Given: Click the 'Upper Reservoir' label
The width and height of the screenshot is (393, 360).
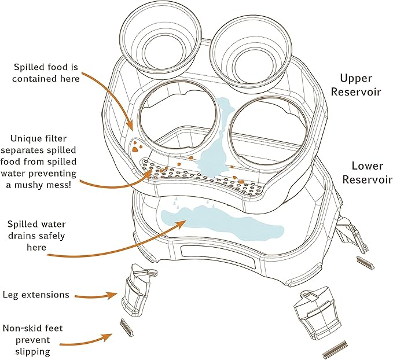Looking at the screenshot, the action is click(x=355, y=85).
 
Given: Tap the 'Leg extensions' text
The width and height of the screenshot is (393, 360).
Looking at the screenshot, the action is click(x=36, y=295).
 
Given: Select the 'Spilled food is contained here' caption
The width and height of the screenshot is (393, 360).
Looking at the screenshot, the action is click(x=46, y=73).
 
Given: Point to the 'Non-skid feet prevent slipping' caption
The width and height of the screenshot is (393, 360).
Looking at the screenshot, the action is click(x=32, y=340).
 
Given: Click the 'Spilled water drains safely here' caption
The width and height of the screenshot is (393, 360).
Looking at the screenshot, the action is click(x=36, y=236).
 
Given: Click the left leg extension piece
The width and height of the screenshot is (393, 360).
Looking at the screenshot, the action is click(x=137, y=288).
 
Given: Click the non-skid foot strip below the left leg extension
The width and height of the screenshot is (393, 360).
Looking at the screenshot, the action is click(x=127, y=327).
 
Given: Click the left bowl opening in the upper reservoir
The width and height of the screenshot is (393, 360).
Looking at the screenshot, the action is click(x=139, y=120).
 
